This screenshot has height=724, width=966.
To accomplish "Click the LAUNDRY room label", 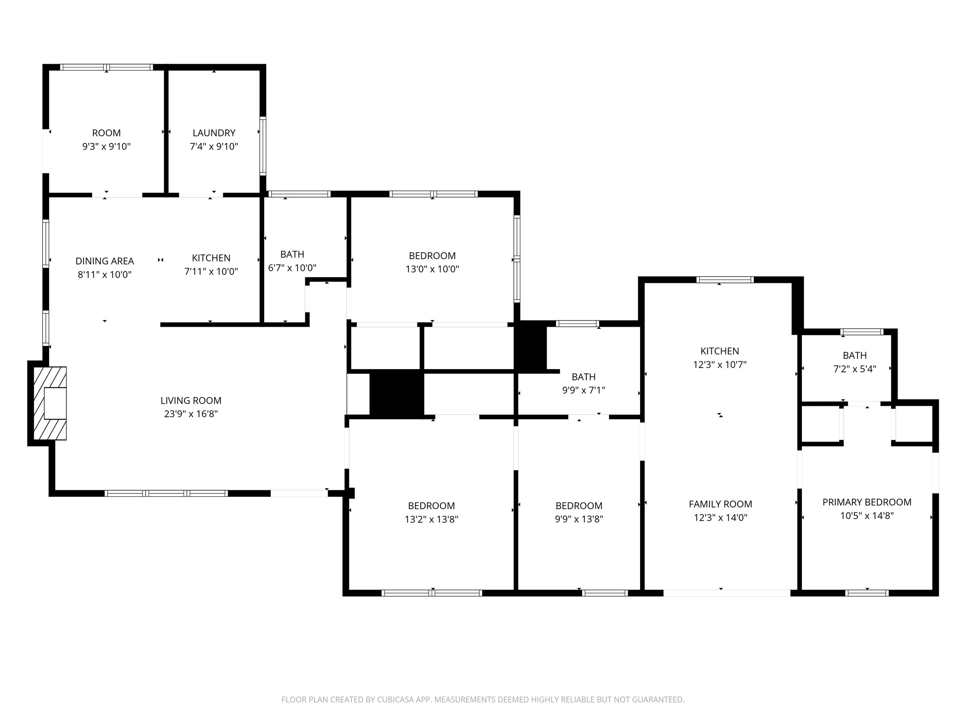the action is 214,133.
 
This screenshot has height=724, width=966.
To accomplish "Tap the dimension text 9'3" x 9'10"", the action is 106,147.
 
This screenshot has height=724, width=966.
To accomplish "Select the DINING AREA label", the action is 105,261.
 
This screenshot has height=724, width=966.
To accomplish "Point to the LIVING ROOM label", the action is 191,401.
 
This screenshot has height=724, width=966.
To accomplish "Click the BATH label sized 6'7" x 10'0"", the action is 292,255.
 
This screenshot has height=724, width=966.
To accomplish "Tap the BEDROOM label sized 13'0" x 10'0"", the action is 432,256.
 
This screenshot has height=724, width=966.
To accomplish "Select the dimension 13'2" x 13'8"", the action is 431,519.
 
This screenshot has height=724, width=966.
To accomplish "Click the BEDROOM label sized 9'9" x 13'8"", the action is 579,506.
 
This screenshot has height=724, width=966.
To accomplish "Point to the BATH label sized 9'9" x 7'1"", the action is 583,377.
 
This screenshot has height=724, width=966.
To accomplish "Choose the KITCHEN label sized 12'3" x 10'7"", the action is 719,351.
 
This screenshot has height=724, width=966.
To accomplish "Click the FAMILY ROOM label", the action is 720,504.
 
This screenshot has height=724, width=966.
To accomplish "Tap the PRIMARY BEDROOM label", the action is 866,502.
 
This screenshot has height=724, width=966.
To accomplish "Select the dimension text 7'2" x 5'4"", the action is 855,369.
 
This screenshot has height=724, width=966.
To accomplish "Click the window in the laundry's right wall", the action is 263,146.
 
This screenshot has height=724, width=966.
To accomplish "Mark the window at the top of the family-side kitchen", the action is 725,280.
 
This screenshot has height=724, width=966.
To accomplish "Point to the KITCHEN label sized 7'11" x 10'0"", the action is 211,258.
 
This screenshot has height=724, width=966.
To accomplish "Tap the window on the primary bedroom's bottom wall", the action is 867,593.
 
